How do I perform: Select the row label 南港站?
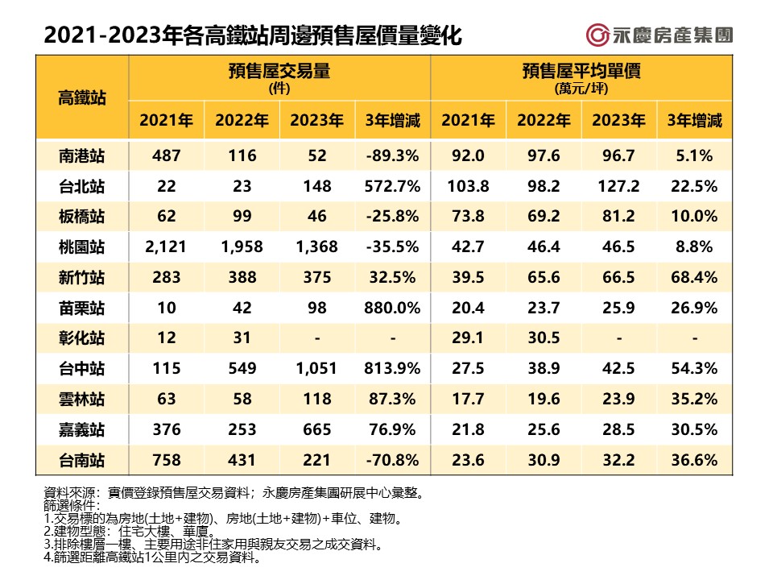click(82, 156)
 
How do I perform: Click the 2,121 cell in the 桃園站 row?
click(166, 246)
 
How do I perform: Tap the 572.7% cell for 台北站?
click(392, 186)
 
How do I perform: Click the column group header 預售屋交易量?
click(279, 72)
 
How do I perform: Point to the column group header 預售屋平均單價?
click(581, 72)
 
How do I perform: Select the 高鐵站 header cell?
click(82, 97)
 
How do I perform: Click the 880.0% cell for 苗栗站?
click(392, 308)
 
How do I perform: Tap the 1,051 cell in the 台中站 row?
click(316, 368)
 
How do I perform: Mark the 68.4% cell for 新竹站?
click(694, 277)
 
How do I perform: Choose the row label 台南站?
click(82, 459)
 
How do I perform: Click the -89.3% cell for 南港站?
click(392, 156)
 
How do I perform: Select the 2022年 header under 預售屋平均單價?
click(544, 121)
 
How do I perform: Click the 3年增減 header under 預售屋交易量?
click(392, 121)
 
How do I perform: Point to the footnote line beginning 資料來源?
click(234, 492)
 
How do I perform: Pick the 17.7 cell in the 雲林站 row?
click(468, 399)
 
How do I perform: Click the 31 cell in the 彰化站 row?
click(242, 338)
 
